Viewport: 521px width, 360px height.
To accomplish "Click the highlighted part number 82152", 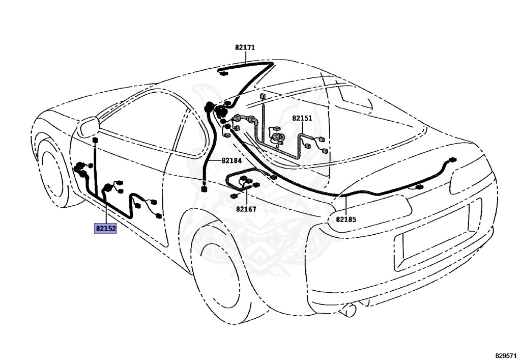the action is coord(106,228).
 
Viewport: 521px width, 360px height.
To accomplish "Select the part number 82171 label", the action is coord(245,47).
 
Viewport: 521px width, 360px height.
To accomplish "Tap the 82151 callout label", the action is coord(302,118).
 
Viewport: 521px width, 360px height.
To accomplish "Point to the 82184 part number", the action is coord(231,160).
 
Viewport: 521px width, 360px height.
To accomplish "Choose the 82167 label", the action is coord(246,209).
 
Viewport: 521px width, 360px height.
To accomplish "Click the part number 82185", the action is coord(346,219).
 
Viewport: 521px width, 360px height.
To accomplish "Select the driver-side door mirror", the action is coord(88,126).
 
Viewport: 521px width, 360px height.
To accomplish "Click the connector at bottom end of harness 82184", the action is coord(204,189).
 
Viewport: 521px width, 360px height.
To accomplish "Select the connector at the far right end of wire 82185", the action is coord(452,160).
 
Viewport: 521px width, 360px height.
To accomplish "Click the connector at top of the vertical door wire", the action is coord(95,140).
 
